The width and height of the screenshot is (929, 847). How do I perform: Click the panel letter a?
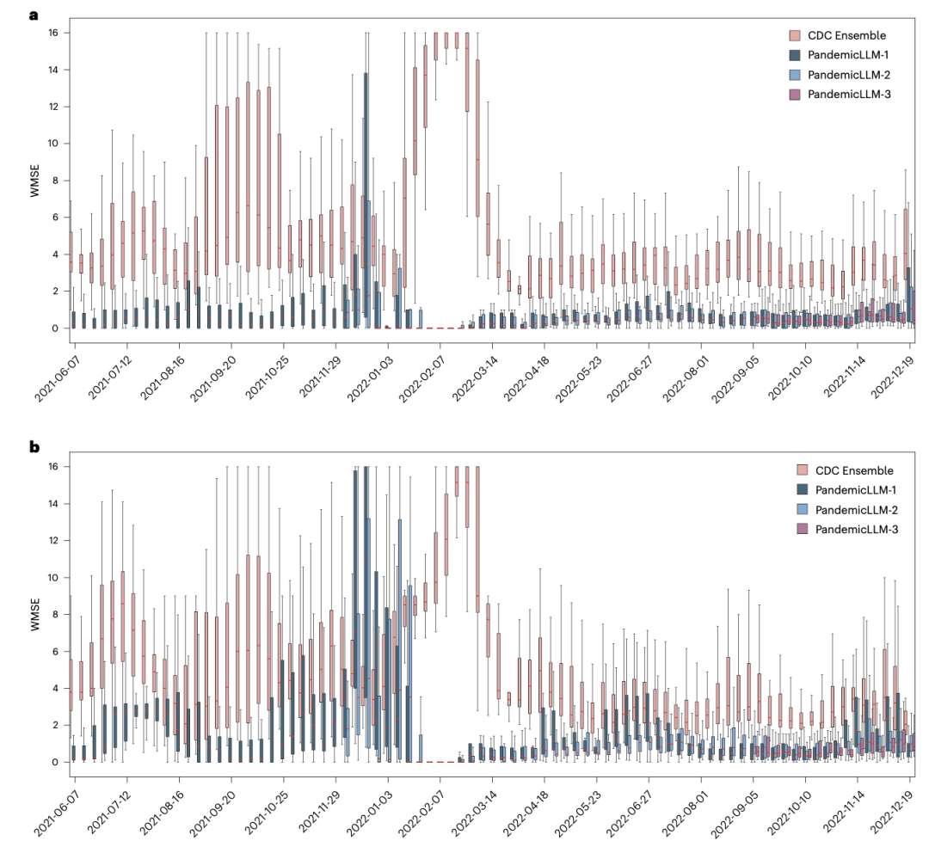coord(34,15)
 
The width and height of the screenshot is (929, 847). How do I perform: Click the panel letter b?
coord(34,447)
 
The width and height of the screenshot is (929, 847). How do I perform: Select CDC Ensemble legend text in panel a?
coord(846,35)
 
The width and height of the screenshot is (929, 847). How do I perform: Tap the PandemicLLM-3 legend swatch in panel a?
coord(795,94)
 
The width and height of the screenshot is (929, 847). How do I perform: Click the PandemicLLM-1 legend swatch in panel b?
coord(803,490)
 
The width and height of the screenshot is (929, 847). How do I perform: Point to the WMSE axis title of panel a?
coord(35,180)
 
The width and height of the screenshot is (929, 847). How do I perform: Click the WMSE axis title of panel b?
coord(35,613)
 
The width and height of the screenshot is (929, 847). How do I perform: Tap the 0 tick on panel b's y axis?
coord(54,762)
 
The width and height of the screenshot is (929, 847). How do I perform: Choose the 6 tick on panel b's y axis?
coord(54,651)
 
